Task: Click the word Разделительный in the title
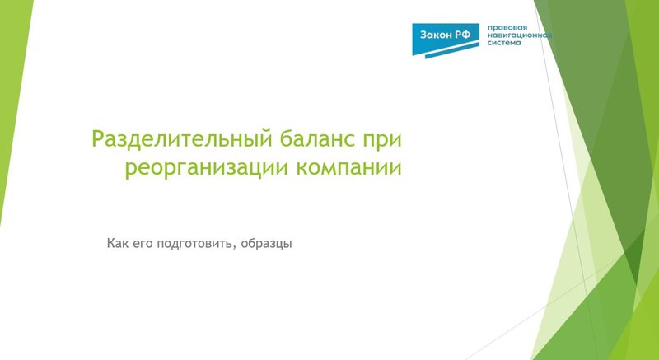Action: tap(171, 138)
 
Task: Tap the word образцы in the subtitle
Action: tap(264, 245)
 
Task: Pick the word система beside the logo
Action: tap(505, 45)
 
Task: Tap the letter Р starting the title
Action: tap(98, 138)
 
